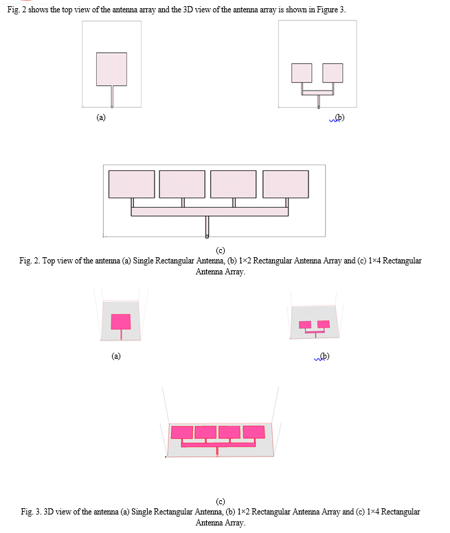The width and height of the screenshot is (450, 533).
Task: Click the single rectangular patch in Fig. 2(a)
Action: tap(112, 69)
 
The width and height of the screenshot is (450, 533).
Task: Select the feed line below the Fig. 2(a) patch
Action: tap(112, 97)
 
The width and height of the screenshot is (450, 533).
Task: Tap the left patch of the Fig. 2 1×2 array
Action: tap(302, 73)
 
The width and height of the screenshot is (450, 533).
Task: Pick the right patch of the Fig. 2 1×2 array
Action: tap(333, 73)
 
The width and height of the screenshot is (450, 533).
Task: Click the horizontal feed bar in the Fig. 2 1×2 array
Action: tap(317, 93)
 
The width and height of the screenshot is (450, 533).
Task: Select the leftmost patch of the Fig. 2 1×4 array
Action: tap(132, 185)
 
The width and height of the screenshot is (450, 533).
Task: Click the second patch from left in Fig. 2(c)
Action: tap(182, 185)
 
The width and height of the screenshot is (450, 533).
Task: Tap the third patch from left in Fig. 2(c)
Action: tap(234, 185)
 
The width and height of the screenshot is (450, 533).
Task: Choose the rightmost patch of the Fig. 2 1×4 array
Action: tap(286, 185)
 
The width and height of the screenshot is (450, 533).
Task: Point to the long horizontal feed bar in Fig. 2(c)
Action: tap(210, 212)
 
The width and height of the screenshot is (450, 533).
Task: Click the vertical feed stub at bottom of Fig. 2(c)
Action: tap(207, 227)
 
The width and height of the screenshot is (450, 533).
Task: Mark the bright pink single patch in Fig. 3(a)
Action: tap(121, 322)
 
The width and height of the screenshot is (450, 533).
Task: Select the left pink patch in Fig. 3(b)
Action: tap(305, 324)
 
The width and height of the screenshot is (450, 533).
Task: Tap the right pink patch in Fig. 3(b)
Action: tap(324, 324)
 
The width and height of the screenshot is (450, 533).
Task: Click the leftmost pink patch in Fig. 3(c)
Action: tap(182, 432)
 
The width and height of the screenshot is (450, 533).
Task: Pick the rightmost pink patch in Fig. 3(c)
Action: tap(254, 432)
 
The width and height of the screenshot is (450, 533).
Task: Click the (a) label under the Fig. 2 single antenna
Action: tap(101, 117)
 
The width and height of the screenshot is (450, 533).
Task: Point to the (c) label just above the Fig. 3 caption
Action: tap(221, 501)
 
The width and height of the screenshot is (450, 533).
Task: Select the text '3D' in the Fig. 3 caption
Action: tap(49, 512)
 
